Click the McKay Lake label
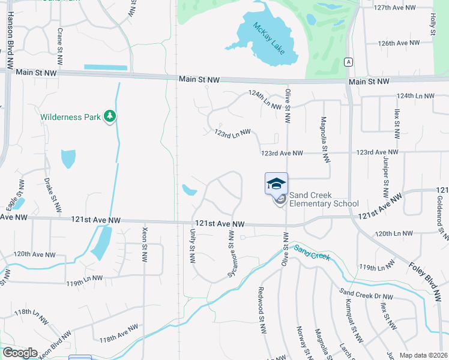pyautogui.click(x=268, y=38)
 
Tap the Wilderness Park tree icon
pyautogui.click(x=109, y=116)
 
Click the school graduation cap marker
pyautogui.click(x=276, y=184)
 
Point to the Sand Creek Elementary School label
pyautogui.click(x=324, y=199)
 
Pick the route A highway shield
pyautogui.click(x=348, y=62)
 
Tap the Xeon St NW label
pyautogui.click(x=145, y=244)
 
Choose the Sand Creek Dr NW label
pyautogui.click(x=366, y=295)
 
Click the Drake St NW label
pyautogui.click(x=53, y=195)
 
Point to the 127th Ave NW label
pyautogui.click(x=394, y=7)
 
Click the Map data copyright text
pyautogui.click(x=423, y=355)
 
